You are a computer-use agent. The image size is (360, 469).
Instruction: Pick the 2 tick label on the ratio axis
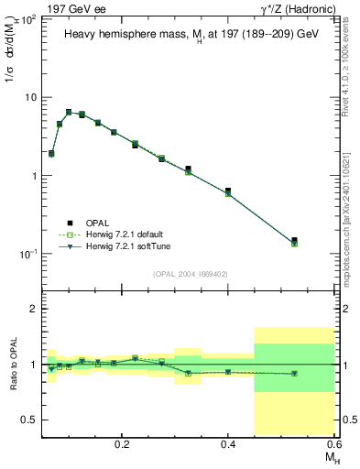point(34,310)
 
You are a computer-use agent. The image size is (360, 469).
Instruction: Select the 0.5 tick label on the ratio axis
point(30,420)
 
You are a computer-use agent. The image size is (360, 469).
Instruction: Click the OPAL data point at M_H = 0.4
point(228,191)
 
